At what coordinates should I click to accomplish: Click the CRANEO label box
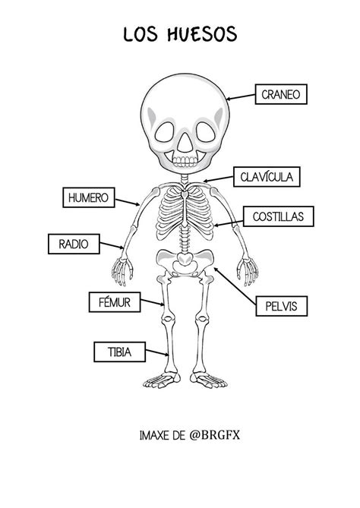[x=281, y=94]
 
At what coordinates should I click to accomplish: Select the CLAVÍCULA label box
[x=267, y=177]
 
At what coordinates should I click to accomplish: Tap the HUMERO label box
[x=88, y=197]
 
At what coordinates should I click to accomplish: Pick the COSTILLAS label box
[x=278, y=216]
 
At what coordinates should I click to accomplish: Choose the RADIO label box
[x=74, y=244]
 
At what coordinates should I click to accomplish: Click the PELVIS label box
[x=281, y=306]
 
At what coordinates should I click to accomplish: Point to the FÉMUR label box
[x=115, y=302]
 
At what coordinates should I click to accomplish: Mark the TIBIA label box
[x=119, y=352]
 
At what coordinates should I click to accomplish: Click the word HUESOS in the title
[x=202, y=34]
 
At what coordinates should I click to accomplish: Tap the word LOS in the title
[x=141, y=34]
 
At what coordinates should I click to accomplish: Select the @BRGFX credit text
[x=214, y=435]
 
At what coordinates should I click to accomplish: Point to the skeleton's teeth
[x=185, y=161]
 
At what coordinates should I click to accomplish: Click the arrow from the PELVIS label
[x=235, y=286]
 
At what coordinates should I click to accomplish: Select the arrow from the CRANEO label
[x=241, y=97]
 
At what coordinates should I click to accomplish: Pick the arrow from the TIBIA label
[x=157, y=352]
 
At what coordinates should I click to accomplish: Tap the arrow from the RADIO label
[x=112, y=245]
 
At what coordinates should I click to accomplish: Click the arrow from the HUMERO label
[x=128, y=202]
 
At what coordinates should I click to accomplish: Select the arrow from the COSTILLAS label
[x=229, y=223]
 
